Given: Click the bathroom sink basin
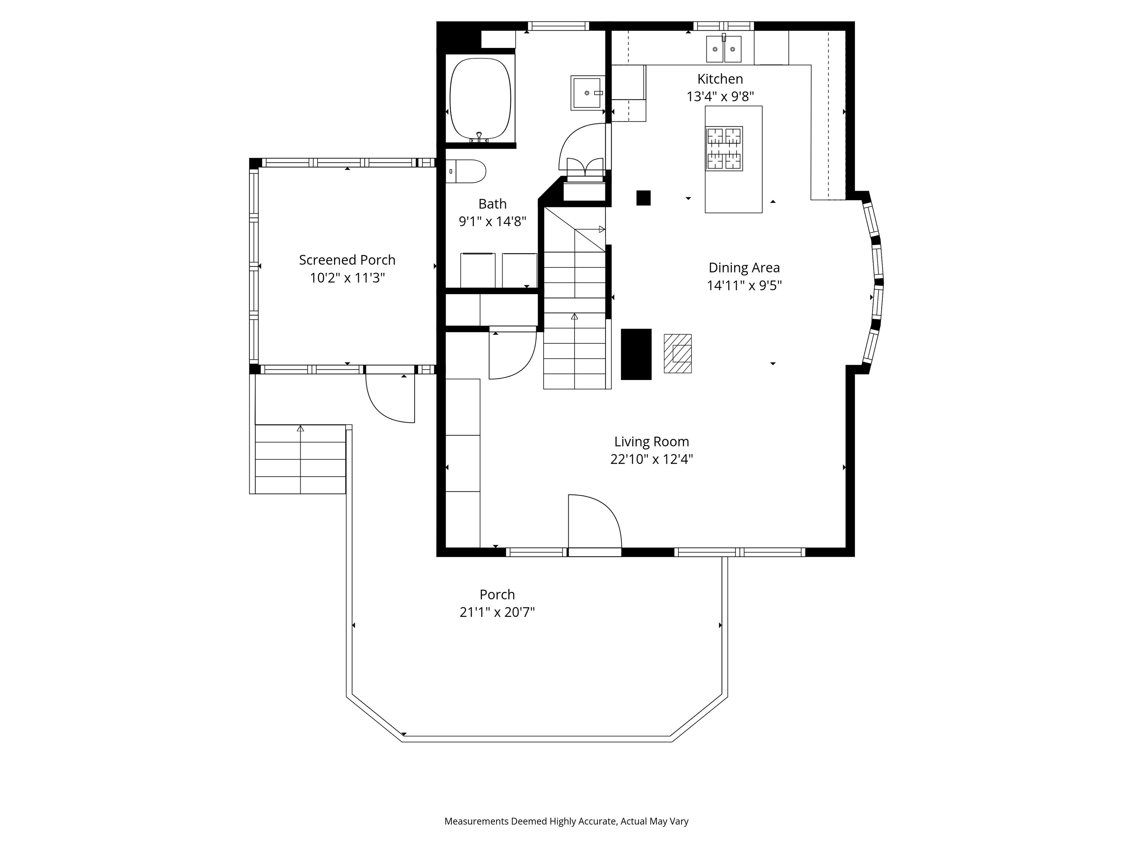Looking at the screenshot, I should click(x=587, y=93).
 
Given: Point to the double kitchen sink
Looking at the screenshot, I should click(x=724, y=49).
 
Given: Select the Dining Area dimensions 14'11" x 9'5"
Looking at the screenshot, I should click(x=744, y=286).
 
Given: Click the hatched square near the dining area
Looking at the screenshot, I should click(x=678, y=353).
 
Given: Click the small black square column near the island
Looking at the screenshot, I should click(x=643, y=198).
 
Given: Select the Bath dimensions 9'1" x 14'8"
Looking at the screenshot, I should click(x=492, y=221).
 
